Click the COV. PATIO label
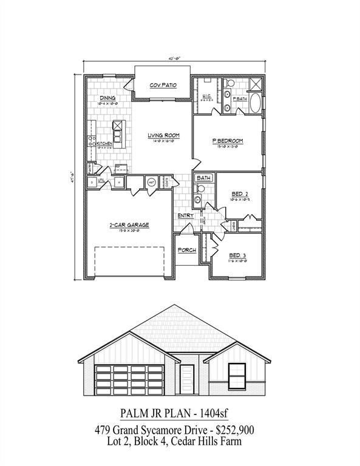point(163,86)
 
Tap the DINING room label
point(108,98)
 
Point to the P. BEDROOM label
point(227,141)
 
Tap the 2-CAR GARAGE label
point(129,225)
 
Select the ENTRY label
point(185,216)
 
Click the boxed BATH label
point(203,178)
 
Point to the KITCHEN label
point(105,143)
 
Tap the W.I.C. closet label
point(206,97)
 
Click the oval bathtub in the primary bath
point(256,103)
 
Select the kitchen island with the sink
point(117,130)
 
